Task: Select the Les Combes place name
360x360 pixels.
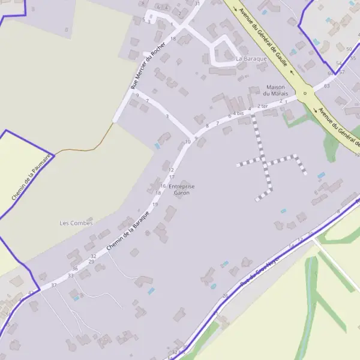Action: tap(76, 223)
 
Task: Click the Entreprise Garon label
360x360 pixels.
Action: tap(182, 190)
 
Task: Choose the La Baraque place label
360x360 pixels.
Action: tap(251, 59)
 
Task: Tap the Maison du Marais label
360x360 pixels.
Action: tap(277, 90)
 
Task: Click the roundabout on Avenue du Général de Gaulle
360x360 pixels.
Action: tap(305, 94)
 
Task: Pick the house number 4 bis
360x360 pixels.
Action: tap(239, 113)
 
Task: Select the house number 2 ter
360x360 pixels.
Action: tap(262, 106)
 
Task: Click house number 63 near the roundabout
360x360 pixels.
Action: tap(327, 86)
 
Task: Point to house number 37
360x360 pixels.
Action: tap(53, 284)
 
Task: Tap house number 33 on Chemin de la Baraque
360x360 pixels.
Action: tap(71, 275)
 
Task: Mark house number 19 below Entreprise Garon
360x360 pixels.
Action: tap(155, 205)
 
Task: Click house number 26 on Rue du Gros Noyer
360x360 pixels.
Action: tap(226, 295)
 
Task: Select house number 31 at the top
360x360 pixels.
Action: tap(197, 4)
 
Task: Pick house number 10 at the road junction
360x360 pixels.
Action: tap(188, 142)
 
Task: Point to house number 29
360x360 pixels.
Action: tap(91, 262)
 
